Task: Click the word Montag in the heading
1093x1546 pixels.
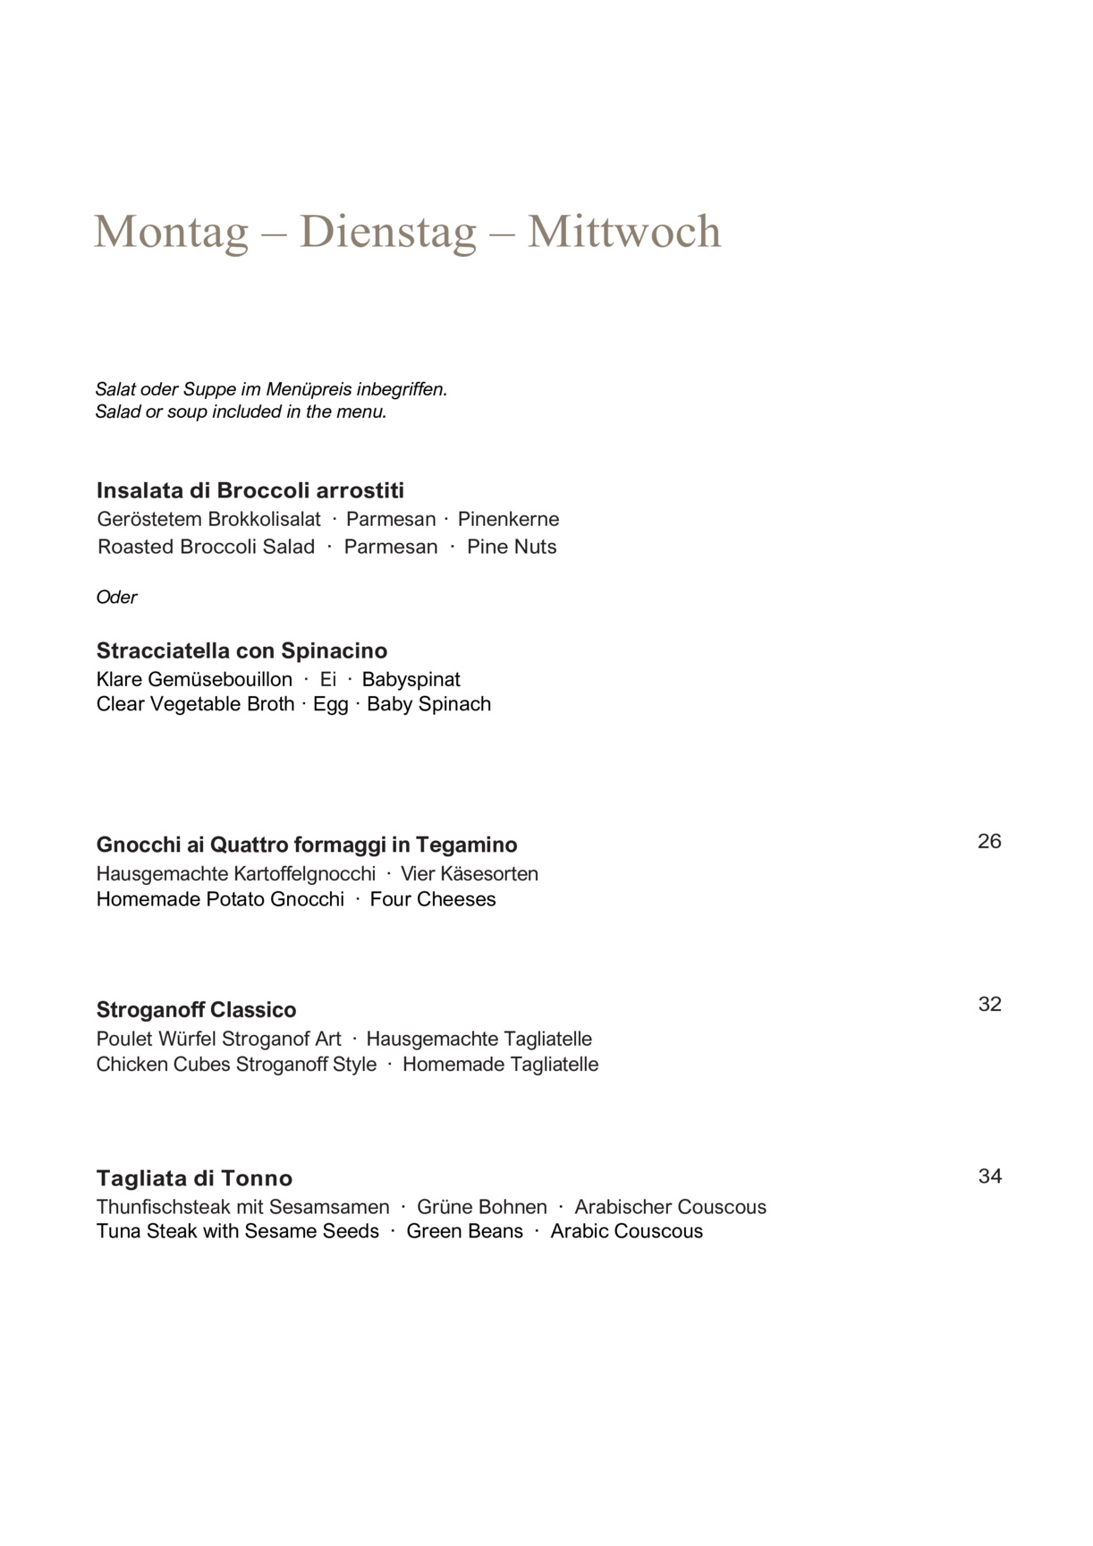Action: (x=171, y=231)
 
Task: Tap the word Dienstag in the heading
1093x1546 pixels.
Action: (x=387, y=231)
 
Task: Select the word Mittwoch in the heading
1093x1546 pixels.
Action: (x=623, y=231)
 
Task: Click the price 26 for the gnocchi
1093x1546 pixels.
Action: (x=989, y=841)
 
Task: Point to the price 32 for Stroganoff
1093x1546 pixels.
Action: (x=989, y=1004)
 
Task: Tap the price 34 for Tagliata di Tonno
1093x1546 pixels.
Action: (x=989, y=1176)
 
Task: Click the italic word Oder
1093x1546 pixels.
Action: (x=116, y=597)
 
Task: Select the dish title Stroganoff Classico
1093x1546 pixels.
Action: (x=196, y=1010)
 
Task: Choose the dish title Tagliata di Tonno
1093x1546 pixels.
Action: (x=194, y=1178)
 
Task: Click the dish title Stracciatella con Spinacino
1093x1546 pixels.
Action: (x=241, y=650)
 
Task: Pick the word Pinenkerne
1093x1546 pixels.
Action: (x=508, y=519)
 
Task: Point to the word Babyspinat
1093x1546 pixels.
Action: (x=411, y=679)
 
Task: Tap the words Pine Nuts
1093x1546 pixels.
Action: (x=512, y=547)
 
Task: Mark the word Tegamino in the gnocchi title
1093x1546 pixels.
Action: (x=466, y=845)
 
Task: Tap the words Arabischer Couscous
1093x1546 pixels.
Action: (x=670, y=1207)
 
